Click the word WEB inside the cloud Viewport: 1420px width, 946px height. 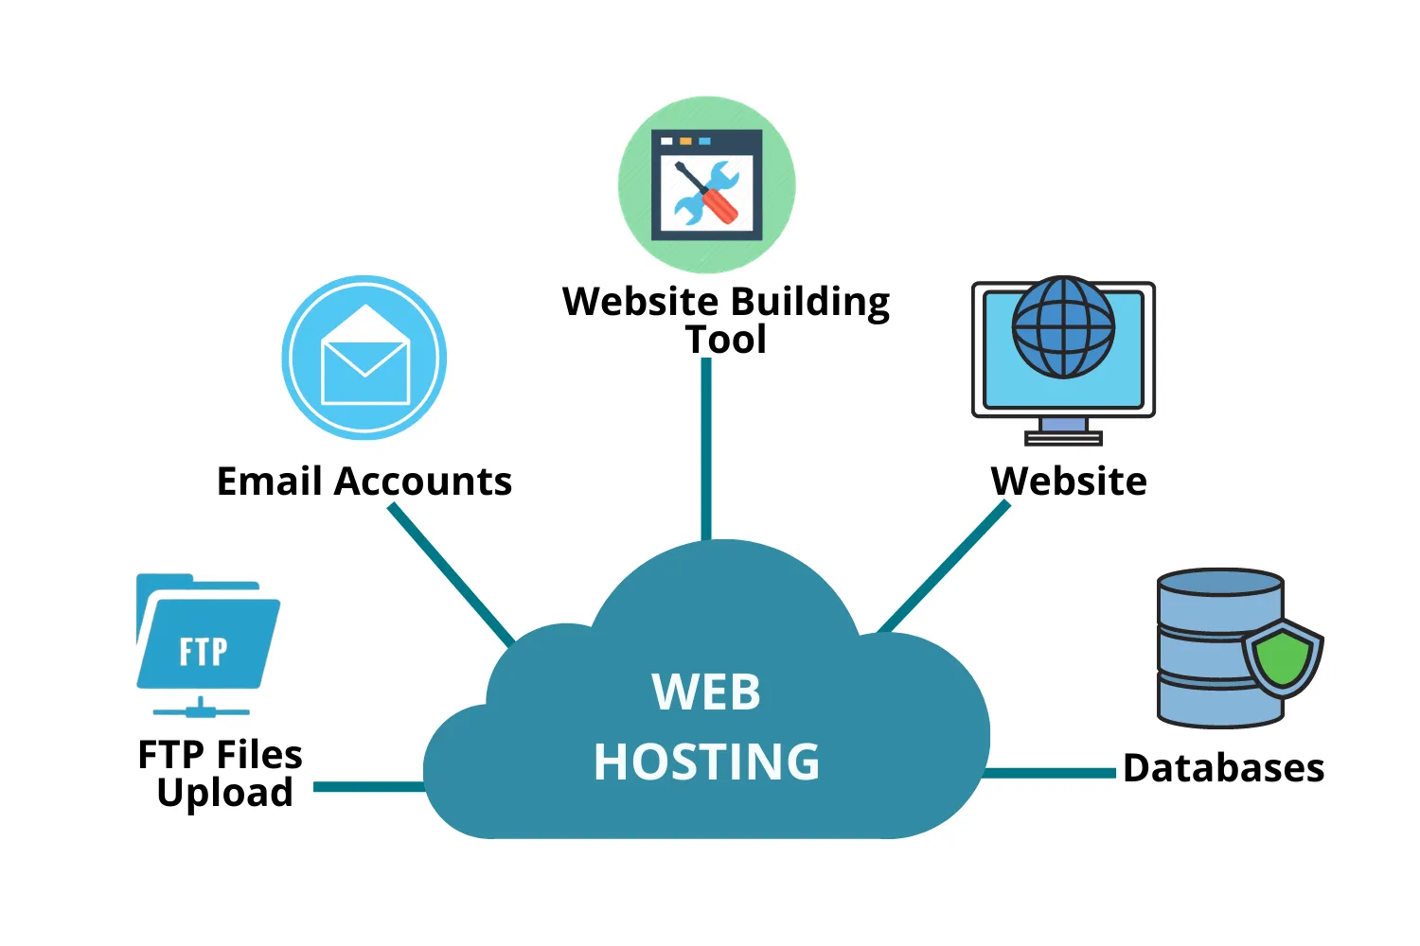click(706, 692)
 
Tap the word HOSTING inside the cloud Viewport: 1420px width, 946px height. click(706, 762)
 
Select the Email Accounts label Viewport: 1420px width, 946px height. click(364, 482)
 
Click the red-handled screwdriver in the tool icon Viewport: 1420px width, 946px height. click(717, 201)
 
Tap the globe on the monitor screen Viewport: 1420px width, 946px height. click(1063, 326)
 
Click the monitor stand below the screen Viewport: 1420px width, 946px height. click(1063, 431)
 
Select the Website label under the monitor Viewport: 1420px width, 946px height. click(1069, 482)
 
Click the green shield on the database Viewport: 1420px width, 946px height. click(1282, 658)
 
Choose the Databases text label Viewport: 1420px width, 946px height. click(1223, 768)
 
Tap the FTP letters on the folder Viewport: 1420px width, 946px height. click(204, 652)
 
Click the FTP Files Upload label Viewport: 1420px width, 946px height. click(221, 774)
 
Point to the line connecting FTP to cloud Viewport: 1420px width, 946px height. click(369, 786)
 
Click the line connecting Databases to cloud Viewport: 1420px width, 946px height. click(1051, 773)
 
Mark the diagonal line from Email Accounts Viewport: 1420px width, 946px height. click(452, 574)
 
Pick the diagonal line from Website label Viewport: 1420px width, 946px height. click(943, 567)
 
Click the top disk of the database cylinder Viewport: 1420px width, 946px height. click(1220, 583)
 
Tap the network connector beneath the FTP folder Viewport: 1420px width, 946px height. click(201, 708)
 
